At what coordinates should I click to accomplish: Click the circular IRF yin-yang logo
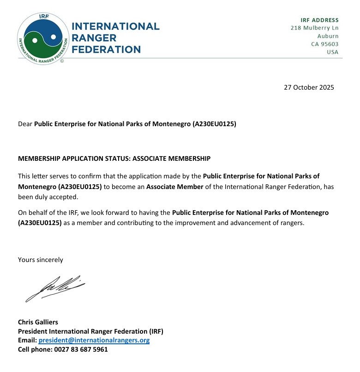pos(43,39)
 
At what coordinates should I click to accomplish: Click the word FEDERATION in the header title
pos(106,49)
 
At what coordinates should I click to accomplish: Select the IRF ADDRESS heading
pos(319,20)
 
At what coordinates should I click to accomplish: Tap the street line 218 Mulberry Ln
pos(314,28)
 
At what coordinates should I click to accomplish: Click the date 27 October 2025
pos(309,87)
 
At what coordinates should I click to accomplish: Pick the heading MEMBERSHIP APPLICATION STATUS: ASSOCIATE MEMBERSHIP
pos(114,159)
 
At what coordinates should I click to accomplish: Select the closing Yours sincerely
pos(41,260)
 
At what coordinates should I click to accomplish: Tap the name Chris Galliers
pos(38,322)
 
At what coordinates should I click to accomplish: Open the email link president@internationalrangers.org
pos(94,340)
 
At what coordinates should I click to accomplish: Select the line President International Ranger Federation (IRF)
pos(90,331)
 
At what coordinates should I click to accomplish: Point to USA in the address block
pos(332,52)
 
